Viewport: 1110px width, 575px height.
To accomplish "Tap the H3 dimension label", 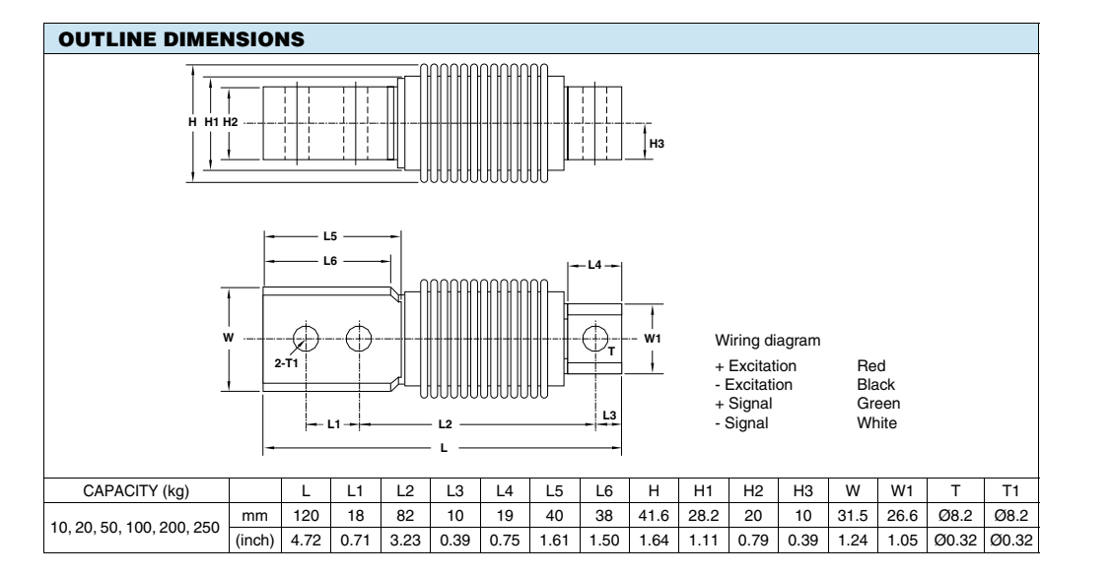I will click(659, 144).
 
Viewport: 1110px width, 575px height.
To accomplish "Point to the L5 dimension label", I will click(331, 237).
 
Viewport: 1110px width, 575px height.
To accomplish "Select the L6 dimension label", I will click(331, 261).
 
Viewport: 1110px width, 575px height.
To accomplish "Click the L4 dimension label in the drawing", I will click(593, 266).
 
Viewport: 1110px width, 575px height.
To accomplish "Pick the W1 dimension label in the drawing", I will click(653, 339).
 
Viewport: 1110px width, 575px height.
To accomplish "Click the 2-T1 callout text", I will click(284, 364).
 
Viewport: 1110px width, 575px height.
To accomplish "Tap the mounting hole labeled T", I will click(596, 338).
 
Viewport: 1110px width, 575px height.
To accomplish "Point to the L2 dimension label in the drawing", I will click(444, 424).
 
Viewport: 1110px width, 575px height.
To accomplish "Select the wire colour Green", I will click(878, 404).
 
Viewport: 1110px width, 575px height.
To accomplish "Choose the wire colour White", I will click(877, 422).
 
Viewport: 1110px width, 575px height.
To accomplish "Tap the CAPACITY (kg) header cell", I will click(136, 489).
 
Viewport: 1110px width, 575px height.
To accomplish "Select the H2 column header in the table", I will click(751, 489).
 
